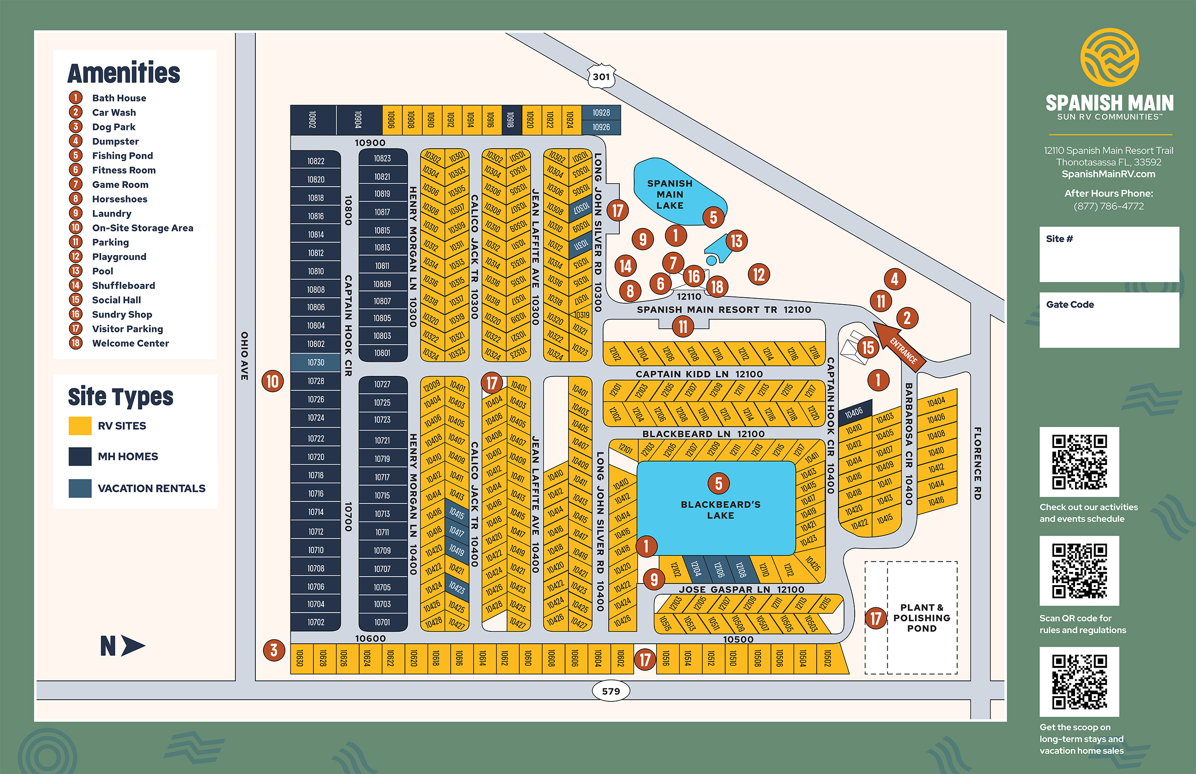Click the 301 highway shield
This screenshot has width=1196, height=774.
pos(601,76)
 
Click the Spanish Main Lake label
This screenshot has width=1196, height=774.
pos(669,194)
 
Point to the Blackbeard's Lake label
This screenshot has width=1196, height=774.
pos(720,510)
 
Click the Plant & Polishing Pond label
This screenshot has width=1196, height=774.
pos(922,618)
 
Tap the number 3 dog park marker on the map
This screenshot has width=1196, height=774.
pos(274,651)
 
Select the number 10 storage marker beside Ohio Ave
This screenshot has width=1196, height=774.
pos(273,381)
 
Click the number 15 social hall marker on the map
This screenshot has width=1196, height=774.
pos(868,347)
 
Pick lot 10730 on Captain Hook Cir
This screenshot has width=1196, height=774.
pos(316,362)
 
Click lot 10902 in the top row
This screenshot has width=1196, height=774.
pos(313,120)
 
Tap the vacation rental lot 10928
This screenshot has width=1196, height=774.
pos(601,113)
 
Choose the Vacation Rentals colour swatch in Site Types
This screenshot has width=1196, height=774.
pos(80,488)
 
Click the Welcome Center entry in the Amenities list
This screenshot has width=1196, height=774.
pos(130,343)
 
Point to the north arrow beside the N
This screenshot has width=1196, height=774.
pos(133,646)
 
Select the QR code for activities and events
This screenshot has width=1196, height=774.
pos(1079,462)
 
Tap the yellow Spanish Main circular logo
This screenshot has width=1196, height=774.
pos(1110,57)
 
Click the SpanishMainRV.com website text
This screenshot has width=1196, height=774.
pos(1108,174)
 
